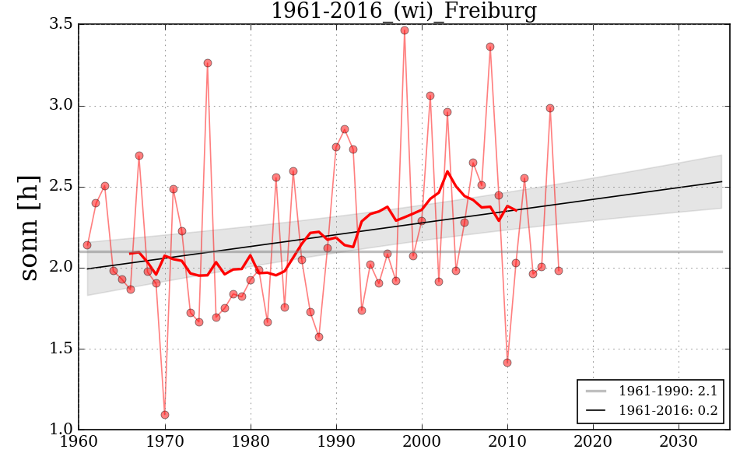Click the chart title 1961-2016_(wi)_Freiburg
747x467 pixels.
pyautogui.click(x=404, y=11)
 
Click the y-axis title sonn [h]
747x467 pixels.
pyautogui.click(x=29, y=227)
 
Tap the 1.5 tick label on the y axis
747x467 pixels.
pyautogui.click(x=61, y=349)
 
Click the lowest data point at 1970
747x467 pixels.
pyautogui.click(x=165, y=415)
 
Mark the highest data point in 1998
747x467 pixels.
pyautogui.click(x=405, y=30)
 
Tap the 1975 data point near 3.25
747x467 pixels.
pyautogui.click(x=208, y=63)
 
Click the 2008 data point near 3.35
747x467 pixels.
pyautogui.click(x=490, y=47)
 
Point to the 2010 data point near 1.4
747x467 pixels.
pyautogui.click(x=507, y=363)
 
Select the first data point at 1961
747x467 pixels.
pyautogui.click(x=87, y=245)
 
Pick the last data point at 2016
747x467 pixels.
pyautogui.click(x=559, y=271)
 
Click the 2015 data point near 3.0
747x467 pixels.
pyautogui.click(x=550, y=108)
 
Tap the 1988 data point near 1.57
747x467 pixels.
pyautogui.click(x=319, y=337)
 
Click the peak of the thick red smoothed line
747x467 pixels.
pyautogui.click(x=447, y=171)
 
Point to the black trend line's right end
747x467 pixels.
pyautogui.click(x=721, y=181)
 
